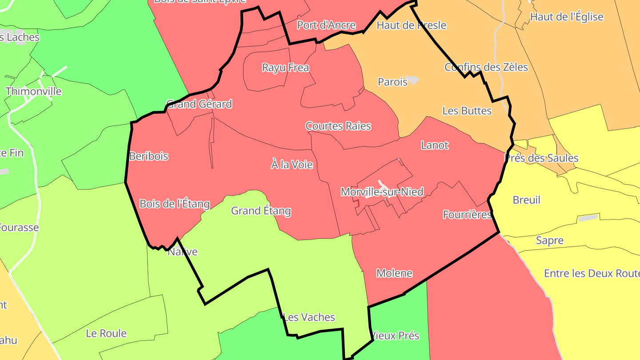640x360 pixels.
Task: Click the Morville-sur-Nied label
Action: pos(382,192)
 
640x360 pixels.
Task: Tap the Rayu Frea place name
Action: pos(285,68)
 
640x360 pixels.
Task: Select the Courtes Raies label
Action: pos(338,126)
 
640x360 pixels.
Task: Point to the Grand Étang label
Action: pos(261,211)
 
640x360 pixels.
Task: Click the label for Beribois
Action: pos(149,156)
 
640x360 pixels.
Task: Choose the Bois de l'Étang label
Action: pos(175,204)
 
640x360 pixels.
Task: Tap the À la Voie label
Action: pos(292,165)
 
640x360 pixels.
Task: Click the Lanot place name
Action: pos(435,145)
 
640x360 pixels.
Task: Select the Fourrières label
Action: pos(467,215)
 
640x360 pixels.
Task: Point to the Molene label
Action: pos(395,273)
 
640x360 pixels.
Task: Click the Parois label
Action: pos(392,82)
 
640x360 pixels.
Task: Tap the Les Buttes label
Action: pos(467,111)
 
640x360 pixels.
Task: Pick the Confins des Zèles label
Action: pos(486,67)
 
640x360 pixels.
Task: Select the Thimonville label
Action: pos(34,92)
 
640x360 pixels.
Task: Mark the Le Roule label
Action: pos(106,333)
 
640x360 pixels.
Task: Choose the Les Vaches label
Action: pos(309,317)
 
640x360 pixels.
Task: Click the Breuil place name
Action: pos(527,200)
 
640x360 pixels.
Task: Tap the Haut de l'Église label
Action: pos(567,17)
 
